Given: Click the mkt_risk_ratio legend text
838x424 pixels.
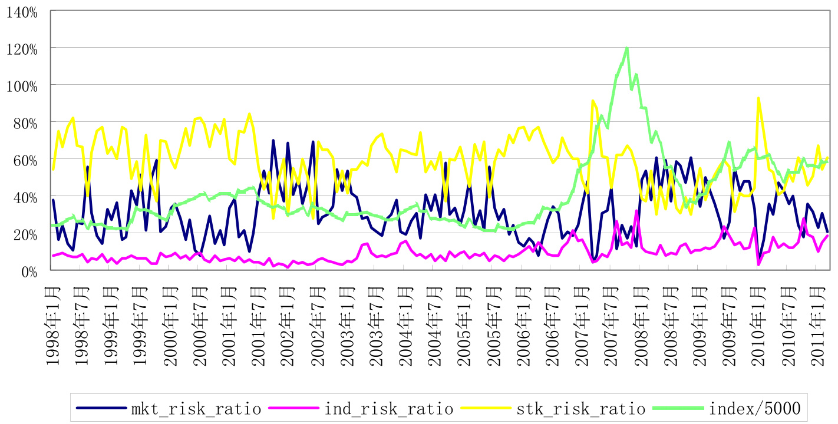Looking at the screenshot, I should pos(196,408).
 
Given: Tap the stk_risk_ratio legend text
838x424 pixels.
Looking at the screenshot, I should pos(580,408).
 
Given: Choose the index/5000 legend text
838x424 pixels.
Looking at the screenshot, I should pos(757,408).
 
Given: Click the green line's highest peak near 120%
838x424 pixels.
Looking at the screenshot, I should pos(626,48).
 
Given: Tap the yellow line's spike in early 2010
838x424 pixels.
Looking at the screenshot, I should pos(758,98).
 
